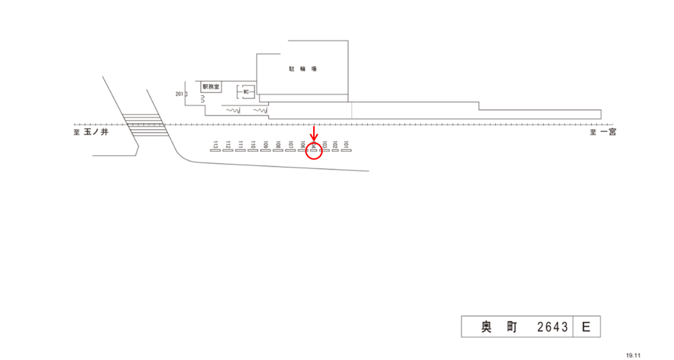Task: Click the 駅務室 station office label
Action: (212, 87)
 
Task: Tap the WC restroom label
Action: (247, 92)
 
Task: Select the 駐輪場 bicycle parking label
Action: (302, 69)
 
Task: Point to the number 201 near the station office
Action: (180, 94)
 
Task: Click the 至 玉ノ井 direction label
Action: (91, 133)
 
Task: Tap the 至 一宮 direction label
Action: (603, 133)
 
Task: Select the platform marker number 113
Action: (216, 144)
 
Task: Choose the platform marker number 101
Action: (346, 144)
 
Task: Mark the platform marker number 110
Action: (252, 144)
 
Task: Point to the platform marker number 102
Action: (335, 144)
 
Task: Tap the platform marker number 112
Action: (228, 144)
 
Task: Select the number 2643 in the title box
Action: (552, 327)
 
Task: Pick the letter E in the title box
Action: (586, 327)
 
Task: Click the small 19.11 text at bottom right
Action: (633, 356)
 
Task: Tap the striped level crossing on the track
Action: (144, 122)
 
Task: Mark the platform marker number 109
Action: (265, 144)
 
